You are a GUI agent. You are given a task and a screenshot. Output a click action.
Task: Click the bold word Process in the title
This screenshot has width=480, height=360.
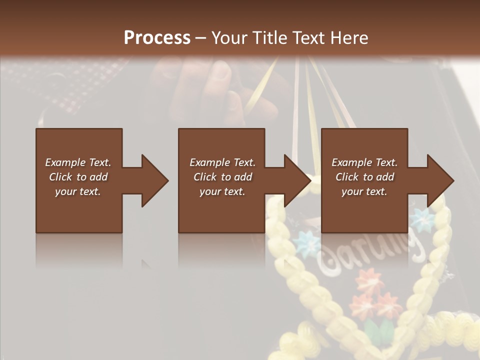point(157,37)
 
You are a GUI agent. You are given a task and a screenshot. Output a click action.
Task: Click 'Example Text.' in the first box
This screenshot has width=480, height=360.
point(78,162)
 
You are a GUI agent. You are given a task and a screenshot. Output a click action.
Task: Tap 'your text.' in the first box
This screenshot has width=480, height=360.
point(78,191)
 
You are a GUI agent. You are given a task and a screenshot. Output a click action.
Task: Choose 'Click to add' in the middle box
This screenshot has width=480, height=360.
point(222,177)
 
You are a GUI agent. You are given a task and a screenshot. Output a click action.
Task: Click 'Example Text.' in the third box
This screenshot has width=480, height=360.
point(364,162)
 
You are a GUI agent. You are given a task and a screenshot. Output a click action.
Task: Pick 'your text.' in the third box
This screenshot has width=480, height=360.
point(364,191)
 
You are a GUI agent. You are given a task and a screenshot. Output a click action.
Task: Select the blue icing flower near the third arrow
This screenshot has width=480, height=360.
point(421,218)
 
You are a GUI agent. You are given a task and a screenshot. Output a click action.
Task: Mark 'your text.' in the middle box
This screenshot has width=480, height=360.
point(222,191)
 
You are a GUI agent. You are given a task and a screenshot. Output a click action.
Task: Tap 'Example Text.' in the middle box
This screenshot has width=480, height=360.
point(222,162)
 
